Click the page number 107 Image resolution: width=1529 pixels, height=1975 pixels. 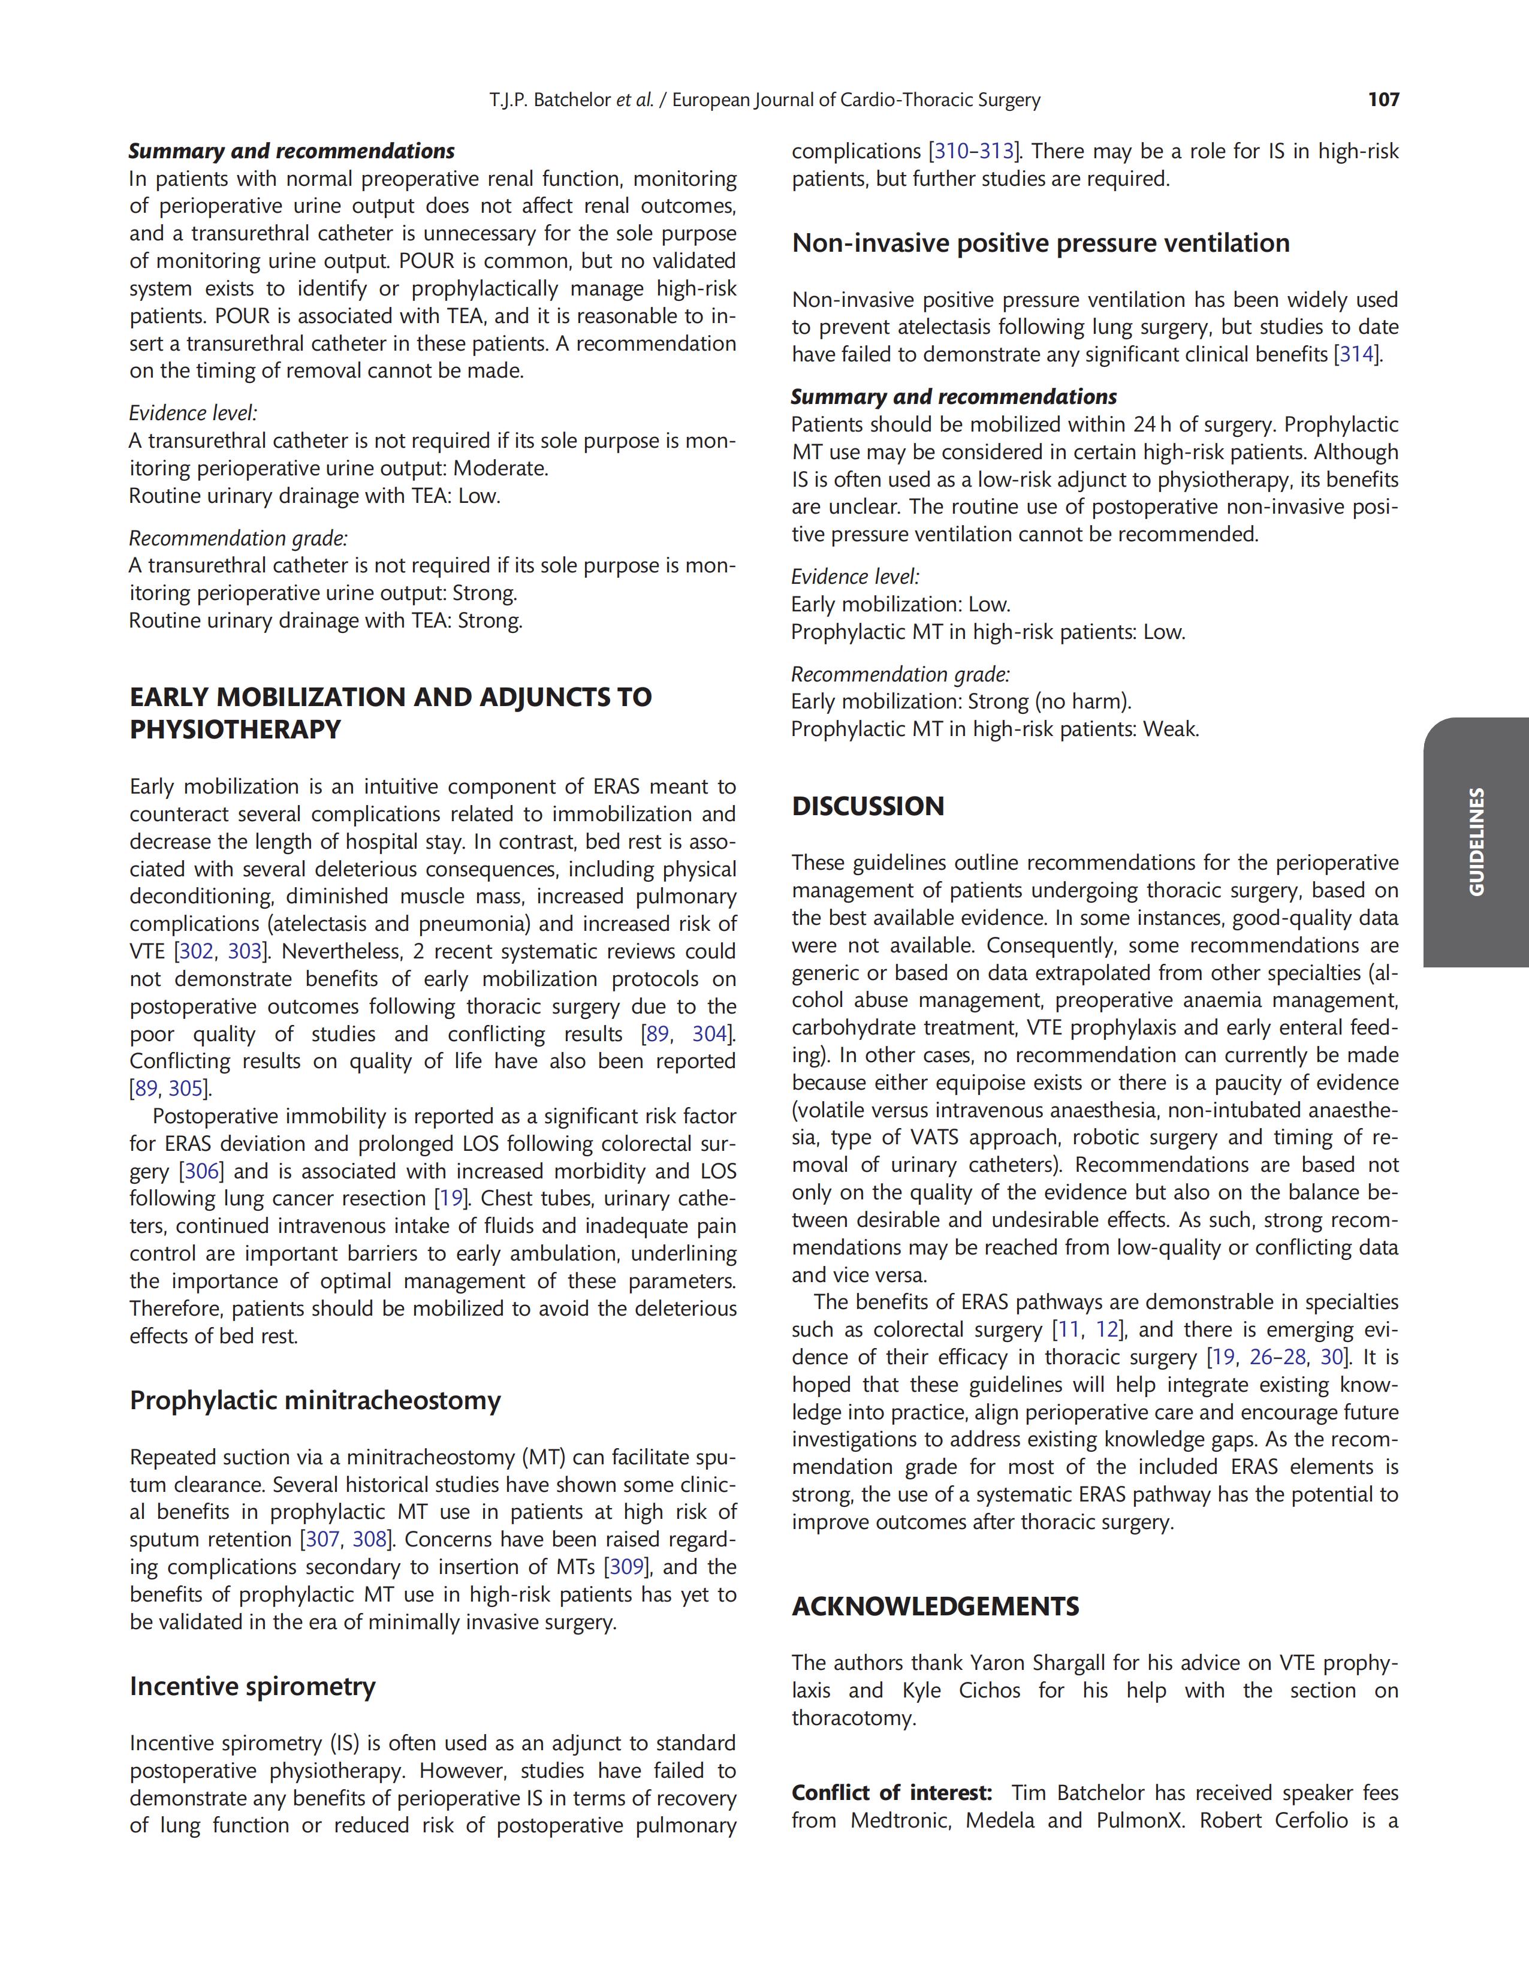(1383, 100)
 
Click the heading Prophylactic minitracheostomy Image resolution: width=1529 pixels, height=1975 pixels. (315, 1401)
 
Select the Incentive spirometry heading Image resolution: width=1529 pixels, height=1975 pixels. (252, 1687)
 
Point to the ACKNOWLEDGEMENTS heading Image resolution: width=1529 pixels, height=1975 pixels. (935, 1607)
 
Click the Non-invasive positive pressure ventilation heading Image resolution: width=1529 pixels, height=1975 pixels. (1041, 243)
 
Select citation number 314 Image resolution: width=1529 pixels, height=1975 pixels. (1356, 354)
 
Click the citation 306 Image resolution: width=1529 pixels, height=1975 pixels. (201, 1172)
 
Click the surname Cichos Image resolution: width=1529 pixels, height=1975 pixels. (989, 1691)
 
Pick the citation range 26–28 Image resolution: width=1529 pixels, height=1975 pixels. (1278, 1358)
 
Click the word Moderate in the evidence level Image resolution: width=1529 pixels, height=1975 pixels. (499, 469)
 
